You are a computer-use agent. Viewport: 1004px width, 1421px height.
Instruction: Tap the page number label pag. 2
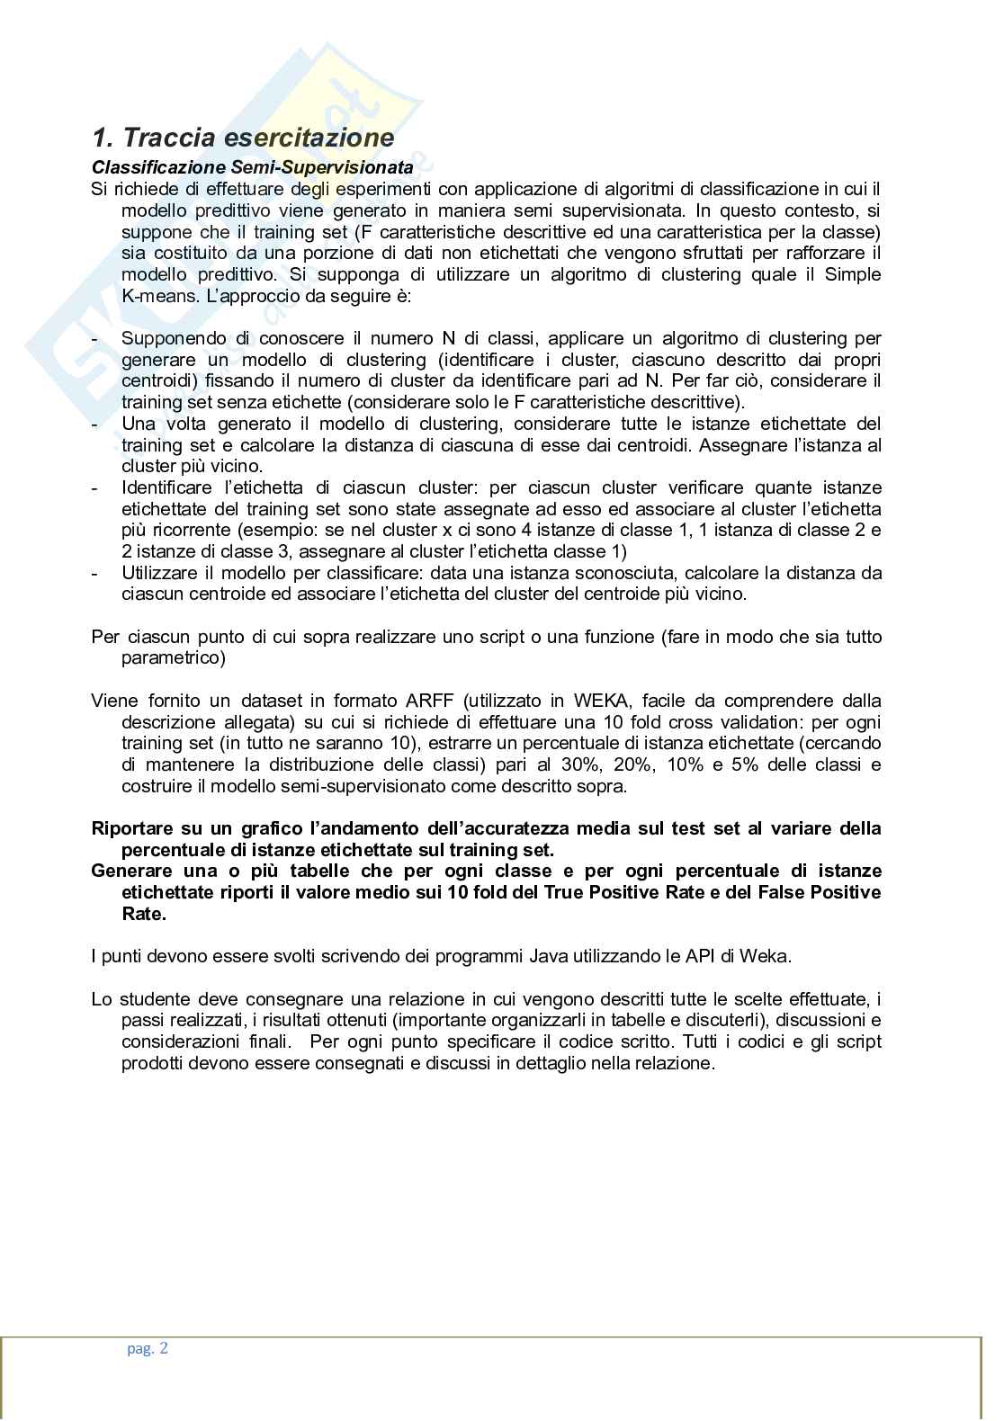[147, 1347]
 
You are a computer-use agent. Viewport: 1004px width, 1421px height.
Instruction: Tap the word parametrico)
[173, 658]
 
